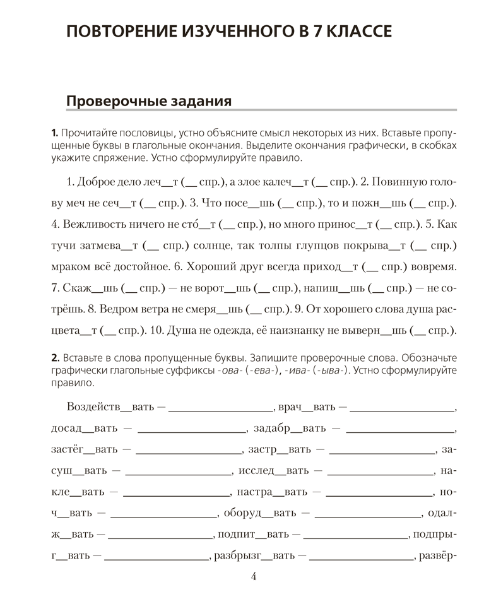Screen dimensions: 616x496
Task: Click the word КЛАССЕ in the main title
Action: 351,32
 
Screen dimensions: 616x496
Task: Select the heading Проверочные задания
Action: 148,101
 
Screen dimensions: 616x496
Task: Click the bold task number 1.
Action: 54,134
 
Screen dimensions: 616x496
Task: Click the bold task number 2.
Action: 54,358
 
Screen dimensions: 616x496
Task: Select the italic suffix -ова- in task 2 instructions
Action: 228,371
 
